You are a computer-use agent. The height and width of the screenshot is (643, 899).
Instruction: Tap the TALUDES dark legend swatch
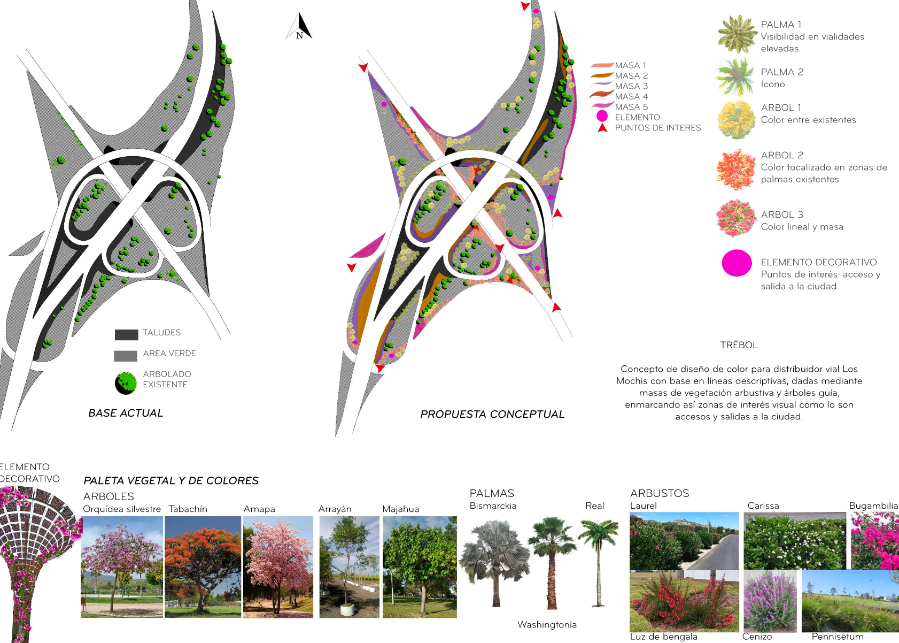[x=127, y=335]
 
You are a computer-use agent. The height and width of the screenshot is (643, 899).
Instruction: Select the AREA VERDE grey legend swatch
[x=126, y=356]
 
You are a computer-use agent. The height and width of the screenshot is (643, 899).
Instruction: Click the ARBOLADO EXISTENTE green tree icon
[x=126, y=383]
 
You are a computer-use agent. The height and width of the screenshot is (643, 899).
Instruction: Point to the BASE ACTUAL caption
[x=126, y=413]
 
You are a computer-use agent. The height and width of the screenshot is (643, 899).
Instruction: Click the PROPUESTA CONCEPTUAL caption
[x=492, y=414]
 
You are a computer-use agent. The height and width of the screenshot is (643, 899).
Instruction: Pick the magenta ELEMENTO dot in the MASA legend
[x=602, y=116]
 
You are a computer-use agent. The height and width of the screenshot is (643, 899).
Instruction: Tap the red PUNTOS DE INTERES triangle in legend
[x=602, y=128]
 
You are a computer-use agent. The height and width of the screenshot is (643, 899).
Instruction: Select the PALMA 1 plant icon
[x=736, y=34]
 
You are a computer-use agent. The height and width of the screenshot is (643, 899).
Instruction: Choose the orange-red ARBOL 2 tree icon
[x=736, y=169]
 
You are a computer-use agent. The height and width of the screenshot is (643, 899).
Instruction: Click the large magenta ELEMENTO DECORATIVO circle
[x=737, y=263]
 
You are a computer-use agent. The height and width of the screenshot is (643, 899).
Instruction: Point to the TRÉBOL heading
[x=739, y=345]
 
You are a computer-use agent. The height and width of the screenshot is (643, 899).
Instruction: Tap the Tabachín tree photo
[x=203, y=567]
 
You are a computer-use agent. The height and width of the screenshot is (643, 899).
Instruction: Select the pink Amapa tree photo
[x=278, y=567]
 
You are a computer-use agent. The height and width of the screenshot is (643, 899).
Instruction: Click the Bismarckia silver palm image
[x=494, y=562]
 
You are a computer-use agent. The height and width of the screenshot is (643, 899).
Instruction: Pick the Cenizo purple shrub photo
[x=770, y=601]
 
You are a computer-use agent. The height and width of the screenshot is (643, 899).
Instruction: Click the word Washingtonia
[x=547, y=624]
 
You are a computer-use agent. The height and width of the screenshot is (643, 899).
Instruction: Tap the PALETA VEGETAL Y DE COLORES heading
[x=171, y=480]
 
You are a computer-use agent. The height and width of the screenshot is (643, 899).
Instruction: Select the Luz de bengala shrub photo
[x=684, y=601]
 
